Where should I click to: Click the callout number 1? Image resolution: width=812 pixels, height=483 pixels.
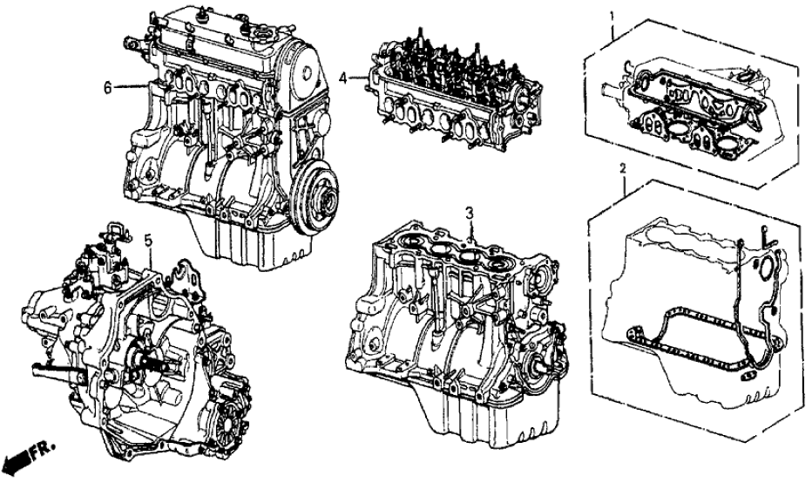(x=612, y=16)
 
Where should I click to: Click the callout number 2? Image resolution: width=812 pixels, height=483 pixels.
(x=623, y=168)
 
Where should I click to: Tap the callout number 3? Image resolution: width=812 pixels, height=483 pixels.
(x=469, y=213)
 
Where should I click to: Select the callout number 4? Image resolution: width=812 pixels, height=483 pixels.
(x=342, y=78)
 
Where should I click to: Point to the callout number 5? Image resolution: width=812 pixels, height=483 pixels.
(x=148, y=240)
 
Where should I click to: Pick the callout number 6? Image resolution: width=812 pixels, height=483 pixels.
(x=108, y=87)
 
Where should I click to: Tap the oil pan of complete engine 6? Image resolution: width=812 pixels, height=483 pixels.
(x=242, y=243)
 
